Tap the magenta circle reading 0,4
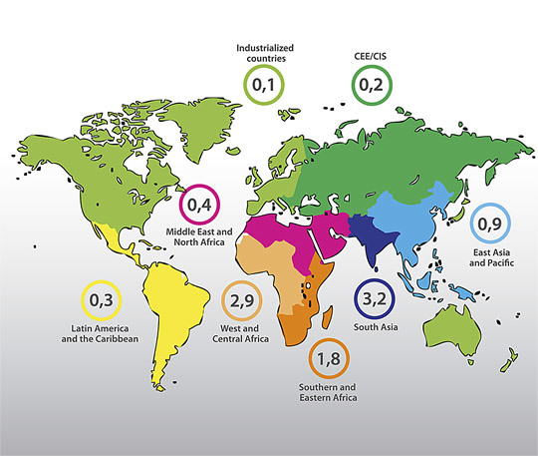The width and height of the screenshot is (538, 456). [x=199, y=206]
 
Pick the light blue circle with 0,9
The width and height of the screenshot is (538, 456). [x=490, y=226]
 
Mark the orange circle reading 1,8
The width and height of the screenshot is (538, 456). [x=328, y=356]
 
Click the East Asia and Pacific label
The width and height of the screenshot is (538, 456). [x=490, y=258]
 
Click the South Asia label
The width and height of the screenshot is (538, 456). [x=377, y=326]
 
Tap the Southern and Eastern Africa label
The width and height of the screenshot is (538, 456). [x=328, y=391]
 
